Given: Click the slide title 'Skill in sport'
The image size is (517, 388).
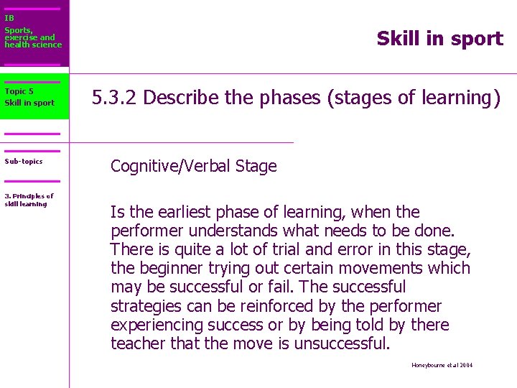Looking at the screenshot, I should click(x=439, y=39).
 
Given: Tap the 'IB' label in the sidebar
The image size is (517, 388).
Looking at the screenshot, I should click(x=9, y=18).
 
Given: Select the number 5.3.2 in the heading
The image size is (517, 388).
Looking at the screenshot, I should click(x=115, y=98).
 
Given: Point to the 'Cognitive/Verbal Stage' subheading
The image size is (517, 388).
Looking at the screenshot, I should click(x=193, y=167).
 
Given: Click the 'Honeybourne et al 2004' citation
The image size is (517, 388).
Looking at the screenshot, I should click(x=442, y=365).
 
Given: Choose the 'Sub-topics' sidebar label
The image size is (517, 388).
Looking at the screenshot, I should click(x=24, y=162).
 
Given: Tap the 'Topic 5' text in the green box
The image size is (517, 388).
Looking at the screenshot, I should click(x=19, y=91).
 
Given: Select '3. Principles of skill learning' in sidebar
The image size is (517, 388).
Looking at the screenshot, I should click(x=29, y=200).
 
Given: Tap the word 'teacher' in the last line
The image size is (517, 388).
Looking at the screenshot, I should click(x=137, y=343).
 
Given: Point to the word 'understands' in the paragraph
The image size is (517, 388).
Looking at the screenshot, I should click(x=230, y=231).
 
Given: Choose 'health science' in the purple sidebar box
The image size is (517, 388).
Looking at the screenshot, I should click(x=33, y=45).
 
